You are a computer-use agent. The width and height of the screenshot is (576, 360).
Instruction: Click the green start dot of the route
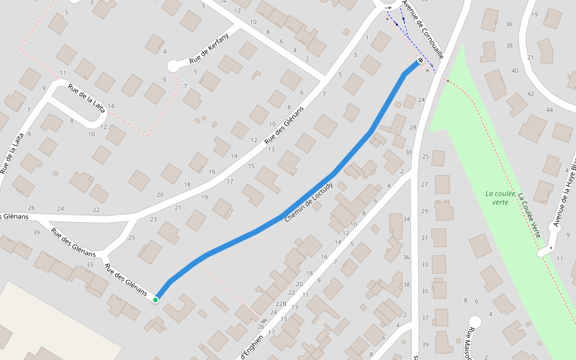pos(155,299)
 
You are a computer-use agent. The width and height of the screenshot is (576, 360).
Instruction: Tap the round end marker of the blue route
pos(420,61)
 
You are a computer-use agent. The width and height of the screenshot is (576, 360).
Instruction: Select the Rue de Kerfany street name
pos(209,49)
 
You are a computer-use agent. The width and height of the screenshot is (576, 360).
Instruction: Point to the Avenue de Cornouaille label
pos(423,28)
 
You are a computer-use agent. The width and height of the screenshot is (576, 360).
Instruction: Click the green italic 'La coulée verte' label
pos(497,198)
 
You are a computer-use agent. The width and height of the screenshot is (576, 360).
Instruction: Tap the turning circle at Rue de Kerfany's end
pos(173,65)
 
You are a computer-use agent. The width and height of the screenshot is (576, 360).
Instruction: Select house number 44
pos(550,110)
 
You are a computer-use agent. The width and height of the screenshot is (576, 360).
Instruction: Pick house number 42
pos(530,94)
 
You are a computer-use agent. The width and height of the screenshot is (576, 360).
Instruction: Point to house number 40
pos(515,70)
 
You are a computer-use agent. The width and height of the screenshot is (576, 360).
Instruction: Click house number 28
pos(413,127)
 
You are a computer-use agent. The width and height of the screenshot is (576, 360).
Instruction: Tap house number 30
pos(409,152)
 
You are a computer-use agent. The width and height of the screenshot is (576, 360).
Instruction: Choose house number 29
pos(425,211)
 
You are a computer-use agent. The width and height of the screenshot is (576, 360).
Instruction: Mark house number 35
pos(425,291)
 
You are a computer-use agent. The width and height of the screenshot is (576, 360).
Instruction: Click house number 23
pos(153,219)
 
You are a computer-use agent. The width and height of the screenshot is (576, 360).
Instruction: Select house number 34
pos(406,219)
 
